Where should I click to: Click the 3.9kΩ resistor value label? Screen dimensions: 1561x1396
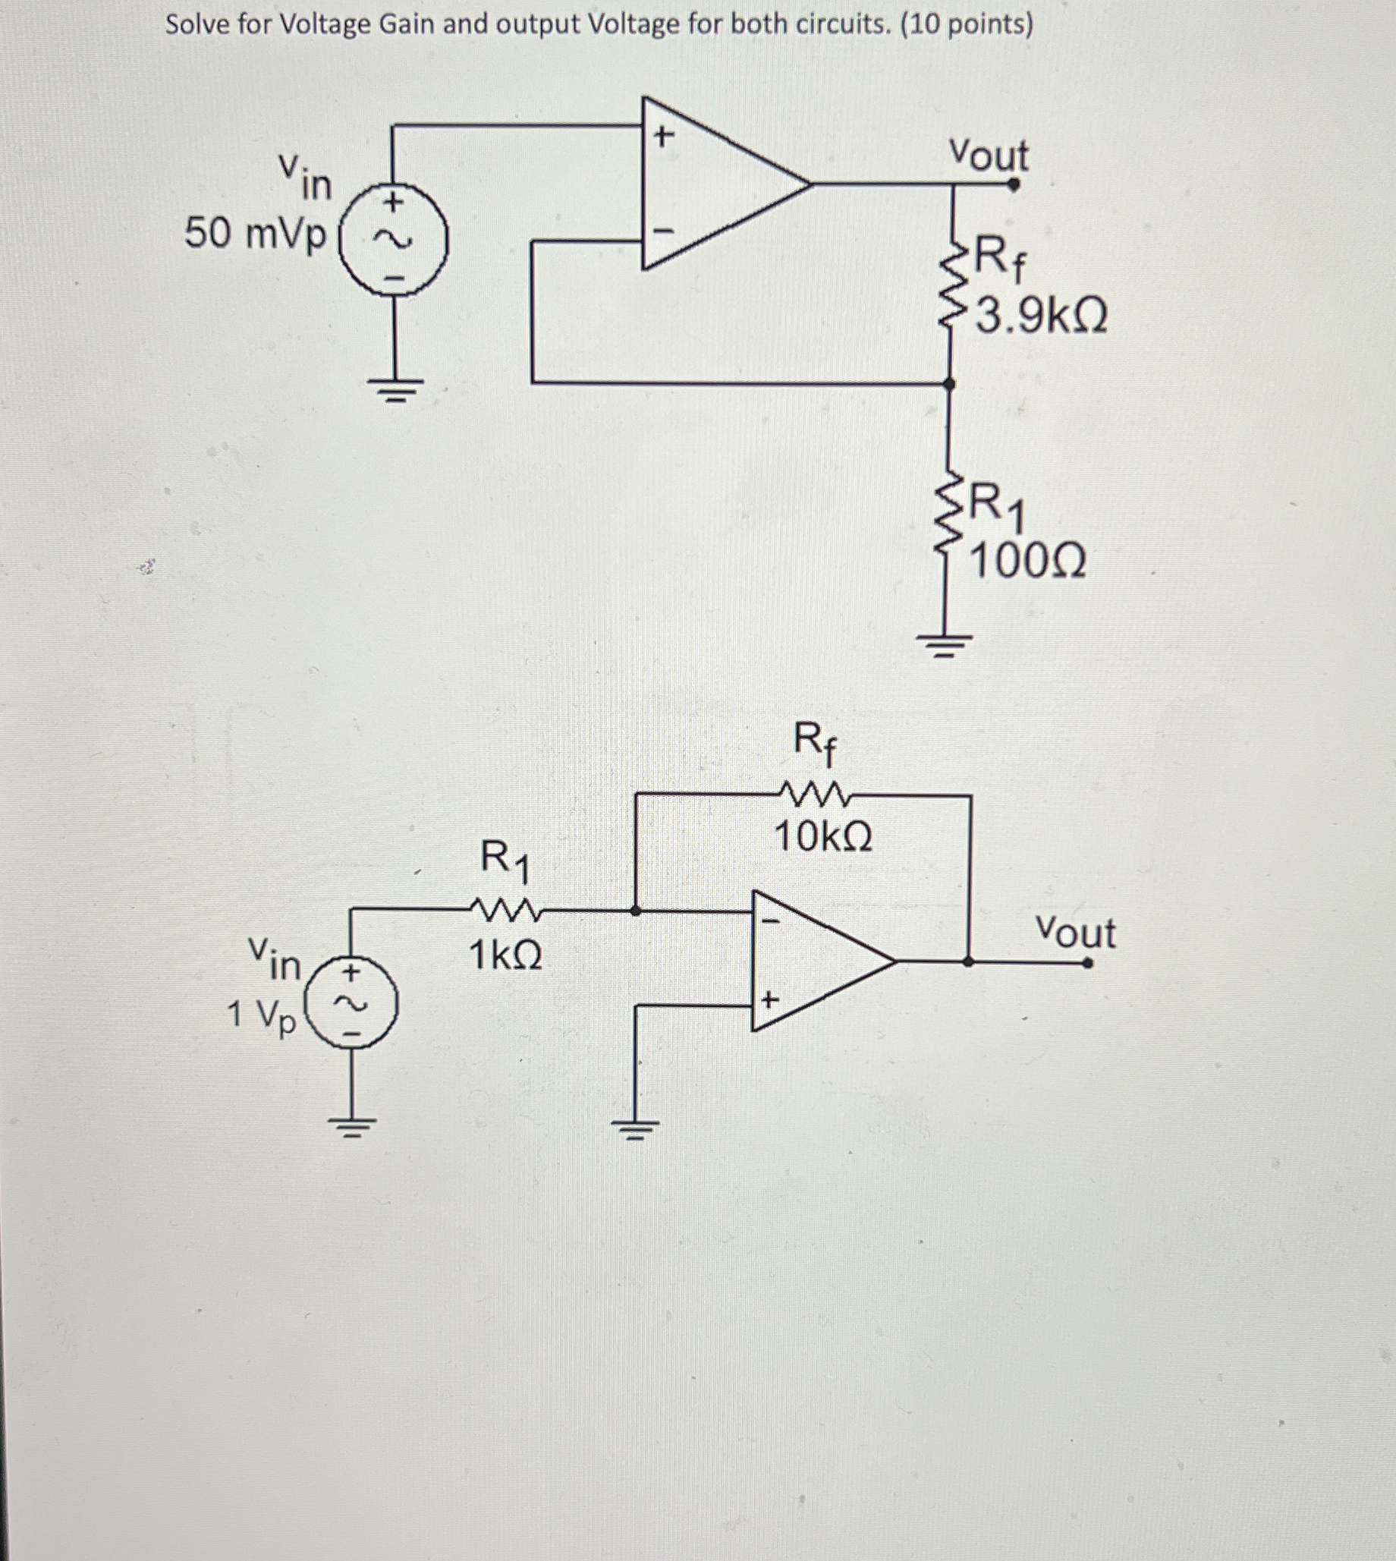1041,316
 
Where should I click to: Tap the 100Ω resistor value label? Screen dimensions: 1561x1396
1027,562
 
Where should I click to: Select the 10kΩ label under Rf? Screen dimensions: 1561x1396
823,837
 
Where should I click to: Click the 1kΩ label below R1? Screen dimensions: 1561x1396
505,955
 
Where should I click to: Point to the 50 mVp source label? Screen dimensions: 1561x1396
256,234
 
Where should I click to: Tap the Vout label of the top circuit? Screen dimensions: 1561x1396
988,155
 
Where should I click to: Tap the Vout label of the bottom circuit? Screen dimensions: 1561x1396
1075,933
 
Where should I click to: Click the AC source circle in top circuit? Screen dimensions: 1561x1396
394,239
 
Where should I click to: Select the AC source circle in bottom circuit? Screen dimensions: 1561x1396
351,1004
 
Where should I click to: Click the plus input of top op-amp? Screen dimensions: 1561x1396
664,137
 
